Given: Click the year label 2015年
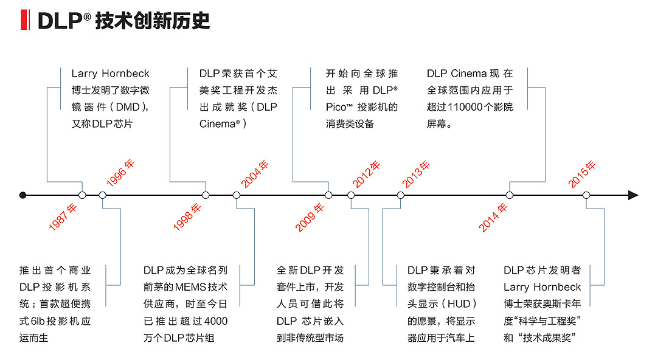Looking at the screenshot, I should [x=582, y=174].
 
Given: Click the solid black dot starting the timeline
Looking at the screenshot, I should [x=23, y=195].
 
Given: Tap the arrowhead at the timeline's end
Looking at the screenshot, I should [x=633, y=195].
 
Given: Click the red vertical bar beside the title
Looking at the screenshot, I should [x=24, y=21].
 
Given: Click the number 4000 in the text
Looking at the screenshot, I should [x=217, y=320].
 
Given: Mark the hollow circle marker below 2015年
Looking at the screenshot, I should [x=586, y=195].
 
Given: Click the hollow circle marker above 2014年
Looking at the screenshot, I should [x=510, y=195].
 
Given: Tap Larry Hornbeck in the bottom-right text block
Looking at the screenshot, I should [x=542, y=286].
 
